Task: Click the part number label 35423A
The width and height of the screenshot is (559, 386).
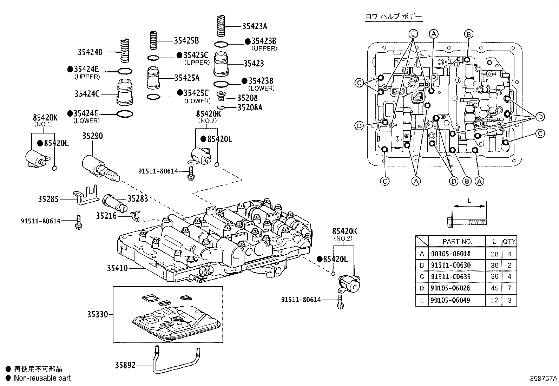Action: point(255,26)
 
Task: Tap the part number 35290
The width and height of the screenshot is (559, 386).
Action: point(92,136)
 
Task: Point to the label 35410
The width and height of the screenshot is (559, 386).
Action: point(117,268)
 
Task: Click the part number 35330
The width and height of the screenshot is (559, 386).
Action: point(98,314)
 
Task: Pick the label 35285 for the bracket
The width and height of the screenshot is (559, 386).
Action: point(48,199)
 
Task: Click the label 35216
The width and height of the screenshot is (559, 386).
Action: point(106,215)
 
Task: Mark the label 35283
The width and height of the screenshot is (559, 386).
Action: point(138,199)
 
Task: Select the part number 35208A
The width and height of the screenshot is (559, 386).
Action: point(250,107)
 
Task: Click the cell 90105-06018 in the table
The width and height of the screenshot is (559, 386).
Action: point(451,254)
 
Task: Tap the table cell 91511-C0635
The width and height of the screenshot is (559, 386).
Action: point(451,277)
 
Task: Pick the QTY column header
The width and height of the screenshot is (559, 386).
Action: point(509,241)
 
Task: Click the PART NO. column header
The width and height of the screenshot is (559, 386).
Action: point(457,241)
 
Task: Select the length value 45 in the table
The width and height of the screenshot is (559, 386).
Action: point(494,288)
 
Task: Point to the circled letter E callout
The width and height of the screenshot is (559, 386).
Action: point(414,34)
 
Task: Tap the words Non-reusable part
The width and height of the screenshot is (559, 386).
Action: point(42,378)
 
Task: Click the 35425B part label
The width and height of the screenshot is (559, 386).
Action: point(186,41)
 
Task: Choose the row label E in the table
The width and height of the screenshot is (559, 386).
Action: point(422,300)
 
